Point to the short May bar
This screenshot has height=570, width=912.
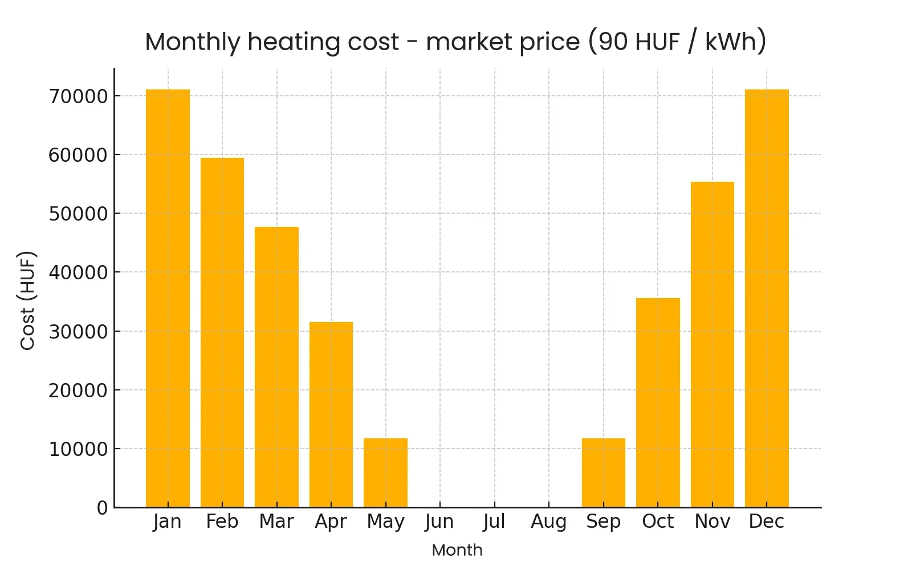(385, 473)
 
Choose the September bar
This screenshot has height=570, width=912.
(604, 473)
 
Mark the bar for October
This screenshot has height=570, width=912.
(658, 402)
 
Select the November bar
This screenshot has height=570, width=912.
(712, 344)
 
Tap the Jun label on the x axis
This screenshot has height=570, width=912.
(439, 522)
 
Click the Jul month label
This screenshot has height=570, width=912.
(494, 522)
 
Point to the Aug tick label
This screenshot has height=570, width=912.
(549, 522)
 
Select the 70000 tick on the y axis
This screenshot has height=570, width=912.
(78, 96)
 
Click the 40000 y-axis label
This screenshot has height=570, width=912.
(78, 272)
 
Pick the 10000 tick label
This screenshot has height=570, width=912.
(78, 449)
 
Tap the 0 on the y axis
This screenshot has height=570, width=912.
(102, 508)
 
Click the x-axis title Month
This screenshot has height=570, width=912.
(457, 550)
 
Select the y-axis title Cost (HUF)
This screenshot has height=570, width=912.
(28, 300)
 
